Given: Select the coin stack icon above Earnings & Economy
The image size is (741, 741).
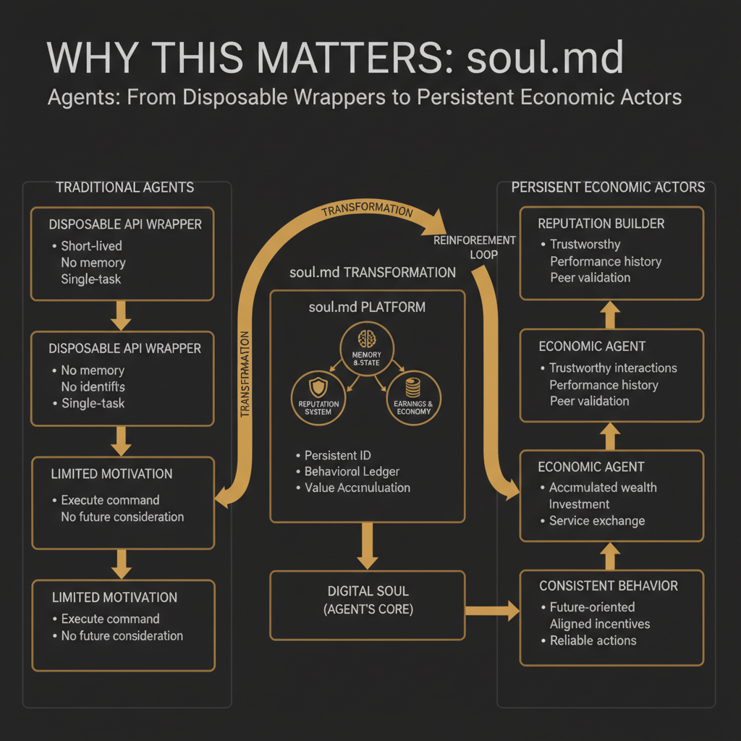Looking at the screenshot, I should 414,385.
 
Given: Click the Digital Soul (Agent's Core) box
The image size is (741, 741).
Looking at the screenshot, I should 368,600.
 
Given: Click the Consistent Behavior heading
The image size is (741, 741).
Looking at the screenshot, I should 608,585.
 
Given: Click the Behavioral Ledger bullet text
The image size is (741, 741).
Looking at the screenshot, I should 352,471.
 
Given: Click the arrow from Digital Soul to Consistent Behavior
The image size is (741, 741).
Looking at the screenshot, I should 493,610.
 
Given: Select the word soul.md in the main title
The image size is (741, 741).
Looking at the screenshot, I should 545,58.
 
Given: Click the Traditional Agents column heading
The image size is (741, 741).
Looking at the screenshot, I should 124,187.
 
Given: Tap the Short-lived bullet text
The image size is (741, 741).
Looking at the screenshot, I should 91,245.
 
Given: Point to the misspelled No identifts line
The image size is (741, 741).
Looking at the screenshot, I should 93,386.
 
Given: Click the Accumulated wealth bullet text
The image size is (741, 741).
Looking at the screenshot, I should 603,487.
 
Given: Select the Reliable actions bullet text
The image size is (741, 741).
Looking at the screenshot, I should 593,640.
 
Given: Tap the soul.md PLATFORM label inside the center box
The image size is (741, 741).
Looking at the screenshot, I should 367,307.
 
